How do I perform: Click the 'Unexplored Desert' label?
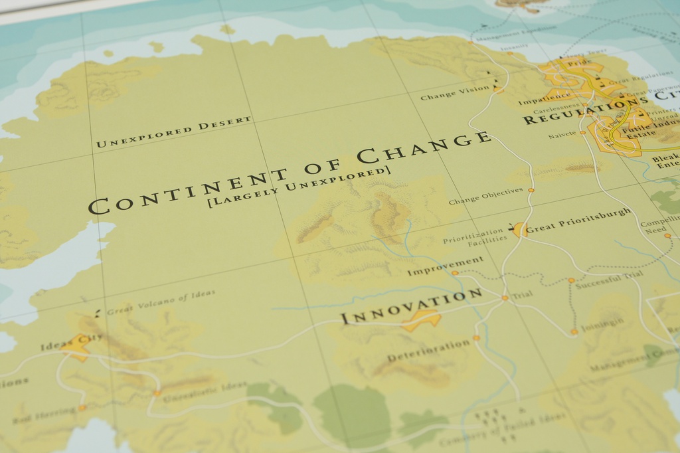coord(174,132)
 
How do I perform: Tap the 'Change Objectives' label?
coord(486,197)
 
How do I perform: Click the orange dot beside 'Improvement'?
coord(455,273)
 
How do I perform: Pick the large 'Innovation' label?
coord(412,307)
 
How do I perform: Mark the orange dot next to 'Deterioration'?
coord(476,338)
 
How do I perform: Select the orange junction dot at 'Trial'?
coord(505,298)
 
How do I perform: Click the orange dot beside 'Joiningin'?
coord(574,331)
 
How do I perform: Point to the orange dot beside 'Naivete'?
coord(583,132)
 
